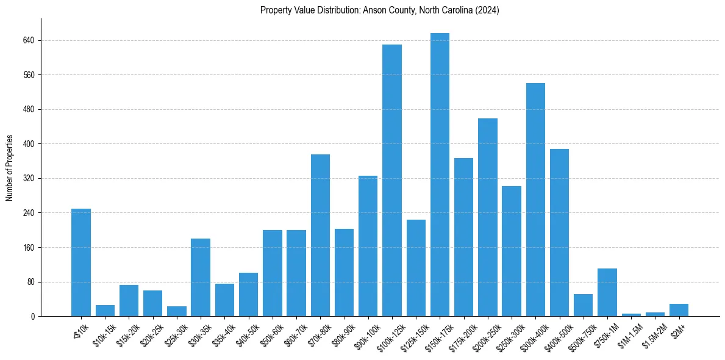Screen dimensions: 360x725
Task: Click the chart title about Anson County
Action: (x=379, y=10)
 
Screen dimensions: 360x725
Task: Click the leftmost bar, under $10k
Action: (x=81, y=262)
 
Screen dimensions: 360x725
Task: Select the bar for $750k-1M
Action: (x=607, y=292)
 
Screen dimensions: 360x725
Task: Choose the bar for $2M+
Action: (x=679, y=310)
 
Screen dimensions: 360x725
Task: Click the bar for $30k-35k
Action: (x=201, y=278)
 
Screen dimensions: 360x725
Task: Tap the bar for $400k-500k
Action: (x=559, y=232)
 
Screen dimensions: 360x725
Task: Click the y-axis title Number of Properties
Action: (x=10, y=168)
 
